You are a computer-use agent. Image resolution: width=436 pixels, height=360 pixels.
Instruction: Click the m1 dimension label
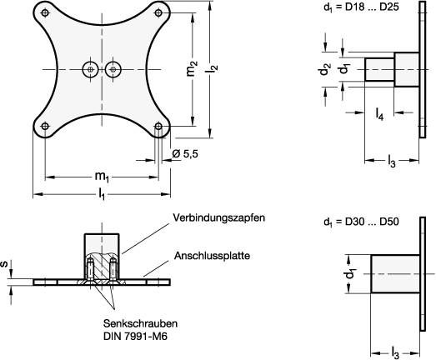[x=101, y=176]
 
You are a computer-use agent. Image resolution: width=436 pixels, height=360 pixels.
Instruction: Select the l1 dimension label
[x=101, y=193]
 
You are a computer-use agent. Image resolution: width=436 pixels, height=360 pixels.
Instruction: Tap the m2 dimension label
[x=193, y=72]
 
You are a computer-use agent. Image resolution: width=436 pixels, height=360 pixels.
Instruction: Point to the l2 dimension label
[x=213, y=72]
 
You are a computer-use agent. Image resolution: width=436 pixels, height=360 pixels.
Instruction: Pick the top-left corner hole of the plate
[x=43, y=14]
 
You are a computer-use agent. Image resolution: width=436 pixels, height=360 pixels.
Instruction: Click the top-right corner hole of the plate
[x=159, y=14]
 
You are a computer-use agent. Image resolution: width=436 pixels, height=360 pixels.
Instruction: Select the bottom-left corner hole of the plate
[x=43, y=127]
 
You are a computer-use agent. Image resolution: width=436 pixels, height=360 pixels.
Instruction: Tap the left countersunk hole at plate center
[x=89, y=71]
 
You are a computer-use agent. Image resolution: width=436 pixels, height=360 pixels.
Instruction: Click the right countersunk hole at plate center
[x=114, y=71]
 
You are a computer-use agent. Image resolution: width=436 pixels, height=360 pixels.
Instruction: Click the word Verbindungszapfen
[x=219, y=218]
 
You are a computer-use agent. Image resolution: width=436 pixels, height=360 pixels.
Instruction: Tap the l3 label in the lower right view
[x=394, y=352]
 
